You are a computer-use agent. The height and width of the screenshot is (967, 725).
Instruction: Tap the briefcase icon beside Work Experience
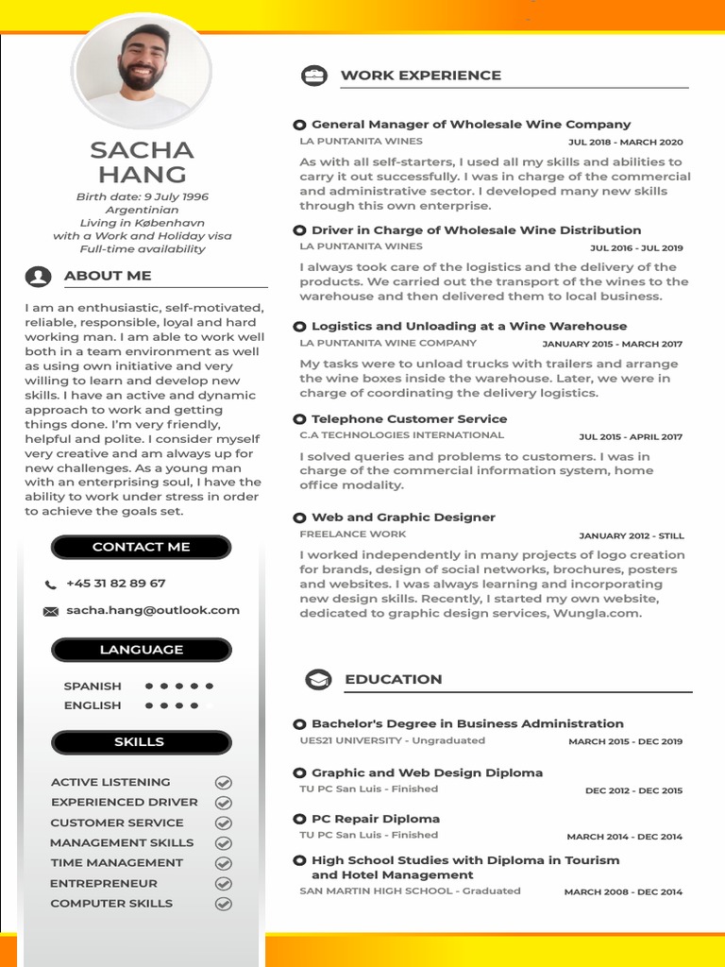[x=313, y=76]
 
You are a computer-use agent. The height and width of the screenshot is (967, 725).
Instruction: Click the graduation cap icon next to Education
[x=318, y=680]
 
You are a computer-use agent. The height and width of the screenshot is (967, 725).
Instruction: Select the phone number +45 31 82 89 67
[x=115, y=584]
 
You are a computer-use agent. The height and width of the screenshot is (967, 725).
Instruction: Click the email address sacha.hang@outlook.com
[x=153, y=611]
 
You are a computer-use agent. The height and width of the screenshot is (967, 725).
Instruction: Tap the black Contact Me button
[x=141, y=548]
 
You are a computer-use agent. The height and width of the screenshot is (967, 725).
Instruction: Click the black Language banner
[x=141, y=650]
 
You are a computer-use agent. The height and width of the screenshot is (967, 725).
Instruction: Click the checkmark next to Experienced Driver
[x=224, y=803]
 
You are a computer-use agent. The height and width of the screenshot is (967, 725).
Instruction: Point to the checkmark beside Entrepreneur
[x=224, y=884]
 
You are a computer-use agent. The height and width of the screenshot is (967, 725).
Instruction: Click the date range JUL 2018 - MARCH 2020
[x=625, y=143]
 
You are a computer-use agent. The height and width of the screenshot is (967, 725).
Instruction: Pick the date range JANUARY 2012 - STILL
[x=631, y=535]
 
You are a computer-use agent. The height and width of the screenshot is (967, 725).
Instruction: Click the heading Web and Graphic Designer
[x=403, y=517]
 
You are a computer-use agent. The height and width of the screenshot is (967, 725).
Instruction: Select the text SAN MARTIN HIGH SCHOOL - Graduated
[x=410, y=891]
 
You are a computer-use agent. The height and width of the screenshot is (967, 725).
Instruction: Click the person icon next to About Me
[x=39, y=277]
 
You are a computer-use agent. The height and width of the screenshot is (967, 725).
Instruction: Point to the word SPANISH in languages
[x=93, y=687]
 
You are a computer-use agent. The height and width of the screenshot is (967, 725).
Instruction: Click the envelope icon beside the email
[x=51, y=612]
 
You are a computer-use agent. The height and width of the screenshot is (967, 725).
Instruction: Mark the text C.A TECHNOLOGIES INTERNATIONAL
[x=401, y=435]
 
